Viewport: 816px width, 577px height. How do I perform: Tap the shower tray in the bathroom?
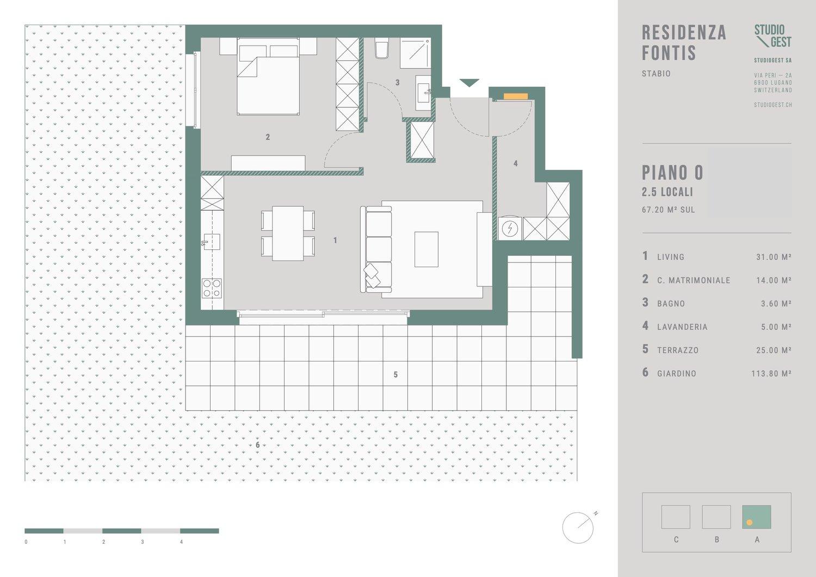415,53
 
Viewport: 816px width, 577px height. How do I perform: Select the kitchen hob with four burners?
212,288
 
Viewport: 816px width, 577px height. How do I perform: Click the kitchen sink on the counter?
211,242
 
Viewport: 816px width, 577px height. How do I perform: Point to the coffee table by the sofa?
426,249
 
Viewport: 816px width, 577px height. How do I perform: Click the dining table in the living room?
288,234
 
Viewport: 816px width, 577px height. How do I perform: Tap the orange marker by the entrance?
516,96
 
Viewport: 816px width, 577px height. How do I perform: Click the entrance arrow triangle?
469,83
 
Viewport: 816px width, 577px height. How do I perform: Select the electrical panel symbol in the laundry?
510,229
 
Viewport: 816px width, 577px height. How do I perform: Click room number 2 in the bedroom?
268,137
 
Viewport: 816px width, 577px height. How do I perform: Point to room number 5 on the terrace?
395,375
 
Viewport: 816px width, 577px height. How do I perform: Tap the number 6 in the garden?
257,445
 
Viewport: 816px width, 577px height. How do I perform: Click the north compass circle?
578,528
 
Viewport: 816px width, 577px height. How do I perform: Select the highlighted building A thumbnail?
757,517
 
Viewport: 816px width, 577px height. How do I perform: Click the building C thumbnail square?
676,517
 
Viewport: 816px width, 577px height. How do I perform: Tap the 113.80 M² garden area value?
771,373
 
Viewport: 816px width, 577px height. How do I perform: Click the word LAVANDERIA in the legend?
682,327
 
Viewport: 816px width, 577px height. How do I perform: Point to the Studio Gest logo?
772,36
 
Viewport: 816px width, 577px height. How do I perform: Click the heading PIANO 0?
672,173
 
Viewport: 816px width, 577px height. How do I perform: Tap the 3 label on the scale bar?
143,542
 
